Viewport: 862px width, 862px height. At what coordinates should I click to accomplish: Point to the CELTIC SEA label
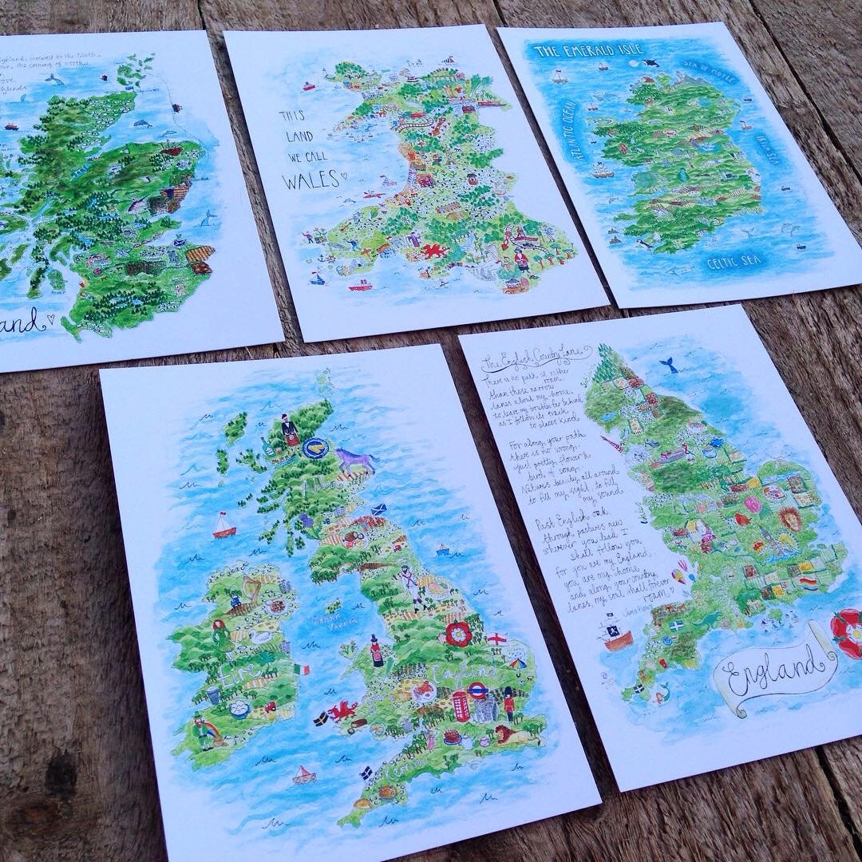coord(733,261)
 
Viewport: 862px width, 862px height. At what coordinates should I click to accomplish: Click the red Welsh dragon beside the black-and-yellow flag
coord(342,710)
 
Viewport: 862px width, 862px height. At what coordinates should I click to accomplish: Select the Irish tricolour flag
coord(302,669)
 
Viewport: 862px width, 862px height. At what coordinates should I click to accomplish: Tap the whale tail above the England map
coord(668,365)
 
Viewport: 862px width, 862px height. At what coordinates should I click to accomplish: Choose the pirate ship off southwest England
coord(615,636)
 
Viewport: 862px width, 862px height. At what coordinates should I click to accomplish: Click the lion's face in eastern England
coord(789,520)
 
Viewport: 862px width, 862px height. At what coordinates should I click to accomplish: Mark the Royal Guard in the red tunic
coord(509,703)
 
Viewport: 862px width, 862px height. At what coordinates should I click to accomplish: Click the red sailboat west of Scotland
coord(223,525)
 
